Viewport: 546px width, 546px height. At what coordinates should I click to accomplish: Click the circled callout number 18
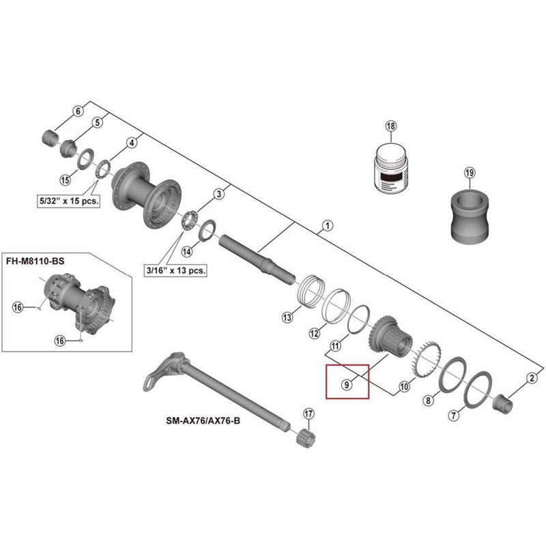click(390, 126)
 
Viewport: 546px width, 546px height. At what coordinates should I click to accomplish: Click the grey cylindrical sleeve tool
click(471, 215)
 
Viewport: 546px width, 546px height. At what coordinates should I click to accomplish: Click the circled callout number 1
click(326, 225)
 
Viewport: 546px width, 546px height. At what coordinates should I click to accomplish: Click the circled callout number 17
click(308, 414)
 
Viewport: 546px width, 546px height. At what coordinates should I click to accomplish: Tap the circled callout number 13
click(287, 317)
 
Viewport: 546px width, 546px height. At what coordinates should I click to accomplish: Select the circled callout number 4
click(132, 143)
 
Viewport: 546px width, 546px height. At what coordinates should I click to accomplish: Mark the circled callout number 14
click(186, 250)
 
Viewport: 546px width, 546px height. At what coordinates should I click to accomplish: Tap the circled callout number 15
click(66, 179)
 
